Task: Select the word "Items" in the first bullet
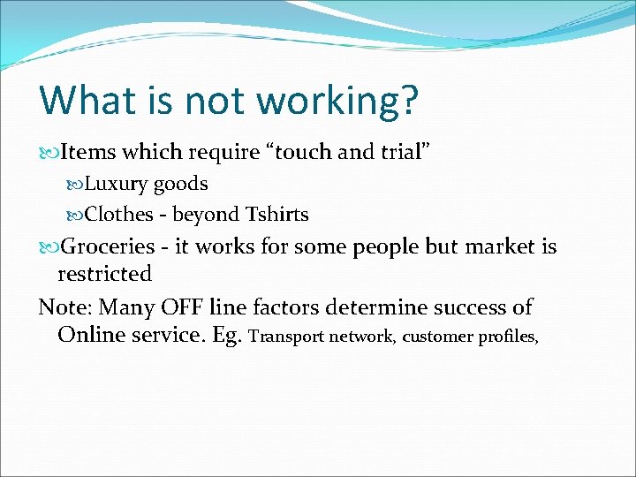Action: point(89,152)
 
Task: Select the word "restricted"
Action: point(104,274)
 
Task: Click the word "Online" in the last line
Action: point(92,335)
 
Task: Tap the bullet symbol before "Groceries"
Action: point(49,246)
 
